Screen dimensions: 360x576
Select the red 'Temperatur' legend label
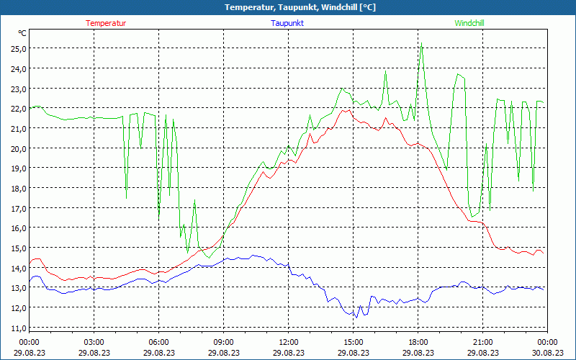click(106, 23)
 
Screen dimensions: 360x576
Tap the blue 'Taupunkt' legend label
click(288, 23)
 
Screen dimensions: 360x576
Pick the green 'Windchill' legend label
click(469, 23)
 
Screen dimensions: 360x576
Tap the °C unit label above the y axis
click(22, 33)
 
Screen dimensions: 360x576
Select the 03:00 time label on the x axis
click(94, 342)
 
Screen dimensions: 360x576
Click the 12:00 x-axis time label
click(288, 342)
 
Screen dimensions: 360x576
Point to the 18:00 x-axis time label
click(418, 342)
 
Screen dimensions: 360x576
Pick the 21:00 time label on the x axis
click(482, 342)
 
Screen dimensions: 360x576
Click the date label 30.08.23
click(547, 353)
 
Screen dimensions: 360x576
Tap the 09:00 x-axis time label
click(223, 342)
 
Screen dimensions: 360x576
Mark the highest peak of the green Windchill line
click(421, 45)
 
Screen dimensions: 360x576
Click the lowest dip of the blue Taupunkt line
click(356, 317)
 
